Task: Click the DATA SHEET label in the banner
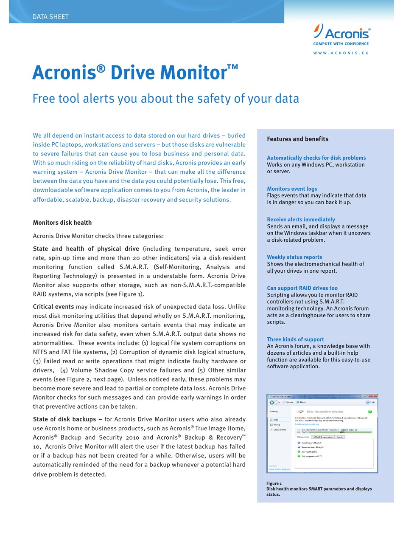(50, 17)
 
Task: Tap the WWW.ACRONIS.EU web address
(341, 53)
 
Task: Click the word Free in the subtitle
(44, 99)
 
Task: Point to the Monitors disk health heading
(62, 223)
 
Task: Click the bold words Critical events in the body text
(53, 307)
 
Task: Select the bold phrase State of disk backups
(64, 419)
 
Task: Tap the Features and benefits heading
(297, 139)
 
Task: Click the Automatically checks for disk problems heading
(316, 158)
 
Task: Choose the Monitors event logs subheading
(292, 189)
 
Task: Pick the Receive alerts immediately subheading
(301, 220)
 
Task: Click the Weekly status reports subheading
(294, 257)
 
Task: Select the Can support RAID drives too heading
(302, 288)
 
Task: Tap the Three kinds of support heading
(295, 339)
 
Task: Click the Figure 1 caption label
(274, 483)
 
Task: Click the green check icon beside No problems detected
(370, 412)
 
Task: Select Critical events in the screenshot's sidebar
(279, 430)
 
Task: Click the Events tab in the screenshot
(339, 437)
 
